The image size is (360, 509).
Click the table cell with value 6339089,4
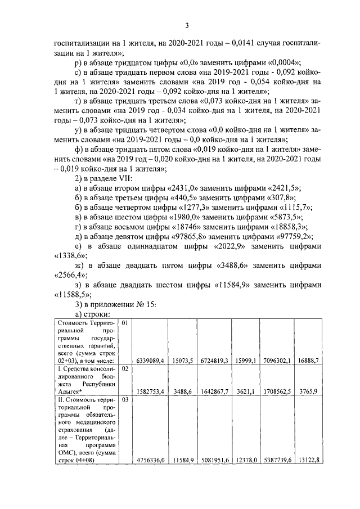(150, 361)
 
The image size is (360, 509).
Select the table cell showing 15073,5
(182, 361)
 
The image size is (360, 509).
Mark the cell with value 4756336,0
(150, 460)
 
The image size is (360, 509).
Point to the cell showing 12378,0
(246, 460)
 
